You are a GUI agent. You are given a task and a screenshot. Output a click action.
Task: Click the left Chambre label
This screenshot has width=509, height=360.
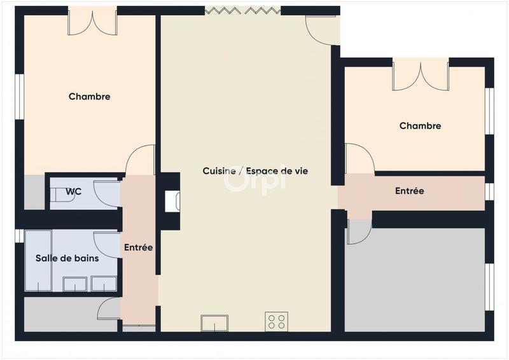(x=89, y=97)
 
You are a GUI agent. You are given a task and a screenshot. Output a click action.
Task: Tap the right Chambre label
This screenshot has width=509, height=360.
(x=420, y=126)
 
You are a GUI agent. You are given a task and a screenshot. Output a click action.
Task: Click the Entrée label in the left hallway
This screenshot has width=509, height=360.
(x=138, y=247)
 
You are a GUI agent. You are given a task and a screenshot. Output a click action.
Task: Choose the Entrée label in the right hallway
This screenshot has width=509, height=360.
(x=409, y=191)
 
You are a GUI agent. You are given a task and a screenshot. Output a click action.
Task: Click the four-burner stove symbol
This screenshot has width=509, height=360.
(x=276, y=322)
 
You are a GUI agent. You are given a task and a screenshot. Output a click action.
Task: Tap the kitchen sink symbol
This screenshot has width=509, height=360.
(x=215, y=323)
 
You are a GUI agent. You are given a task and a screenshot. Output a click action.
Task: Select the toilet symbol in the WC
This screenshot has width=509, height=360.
(x=66, y=197)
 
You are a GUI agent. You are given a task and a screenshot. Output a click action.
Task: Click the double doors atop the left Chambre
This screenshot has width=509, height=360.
(x=93, y=22)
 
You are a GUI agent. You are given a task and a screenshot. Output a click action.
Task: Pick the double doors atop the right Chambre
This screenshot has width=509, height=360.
(x=421, y=74)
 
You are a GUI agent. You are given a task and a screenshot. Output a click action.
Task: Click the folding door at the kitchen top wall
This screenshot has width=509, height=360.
(x=242, y=11)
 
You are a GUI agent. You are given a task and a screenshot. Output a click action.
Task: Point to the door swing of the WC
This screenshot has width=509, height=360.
(x=105, y=193)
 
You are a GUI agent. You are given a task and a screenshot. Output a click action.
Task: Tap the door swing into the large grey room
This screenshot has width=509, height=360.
(x=358, y=232)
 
